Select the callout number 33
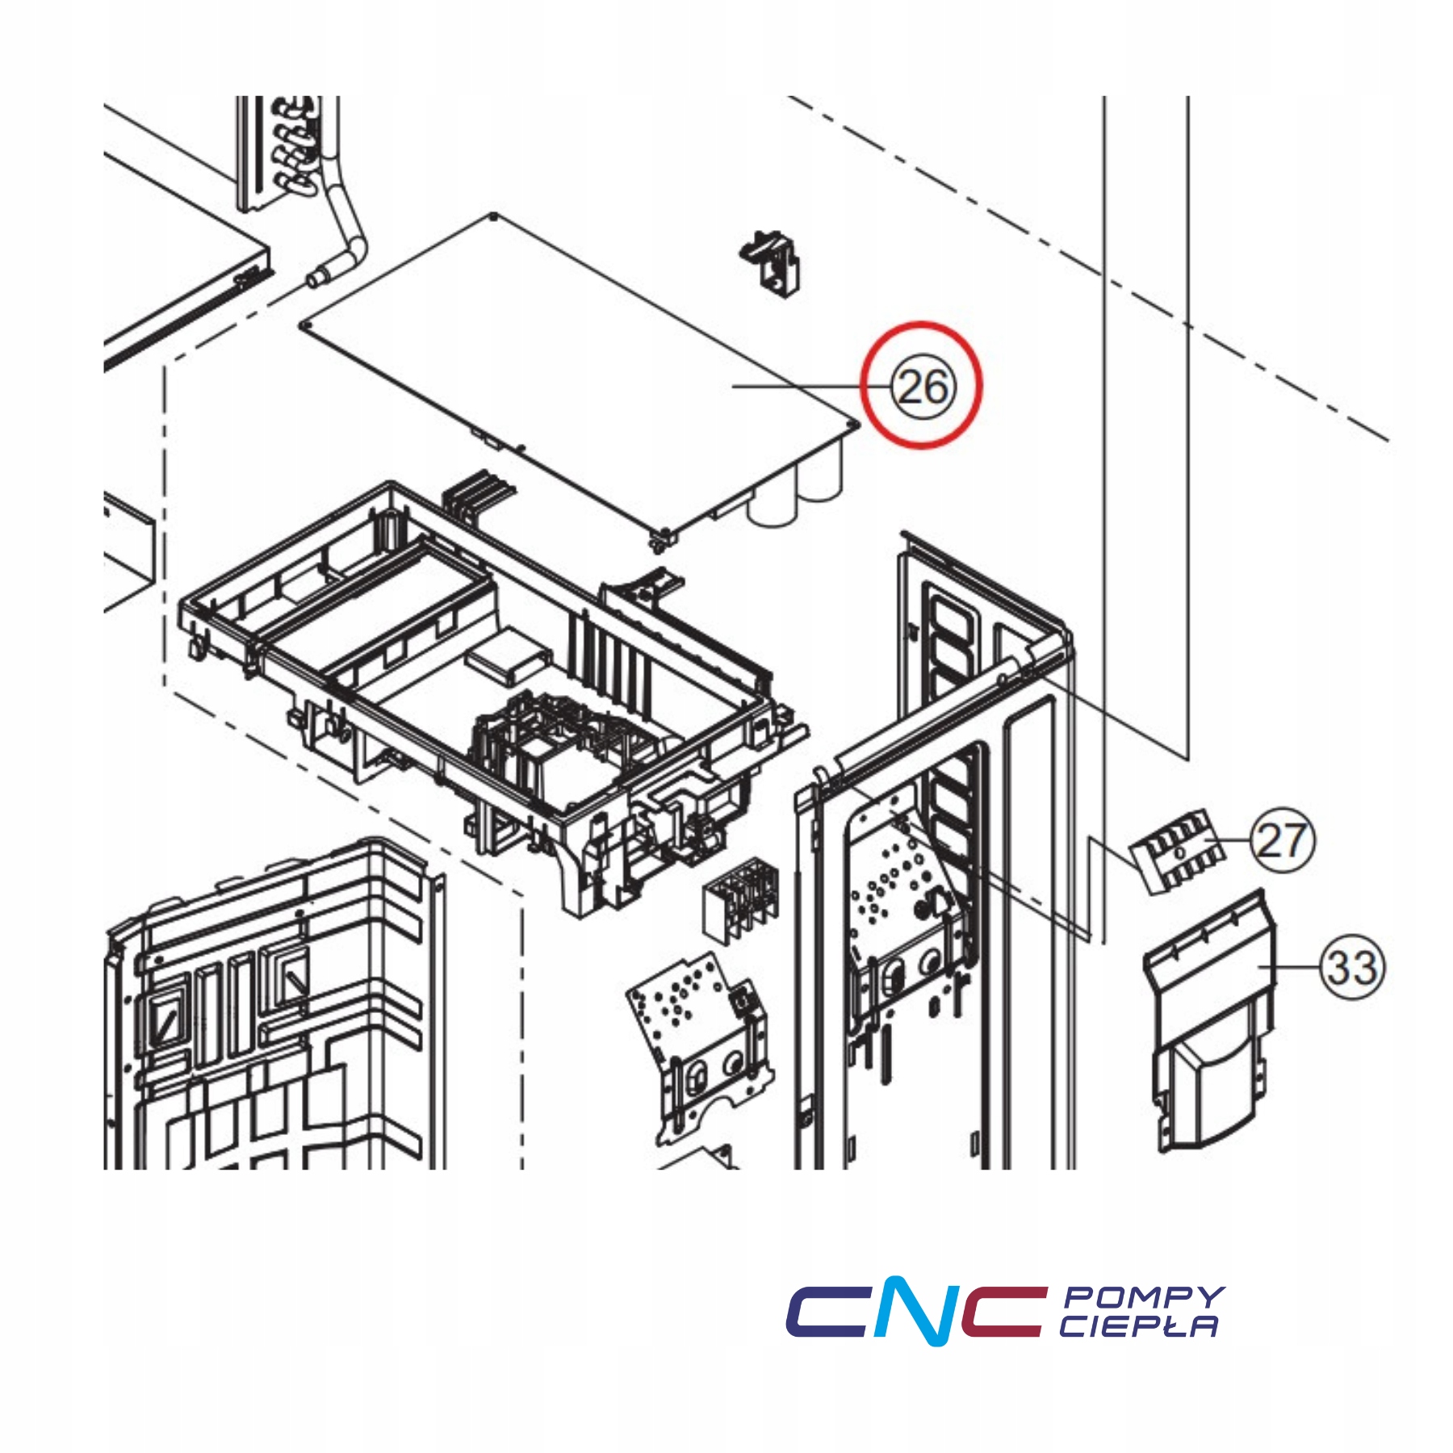[x=1351, y=967]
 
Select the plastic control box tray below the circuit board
[x=484, y=686]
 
